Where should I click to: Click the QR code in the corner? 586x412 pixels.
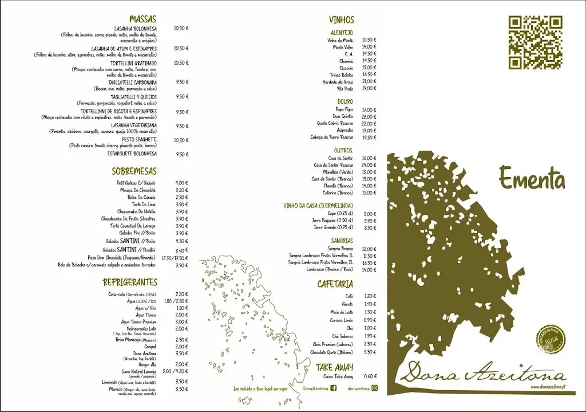(x=536, y=42)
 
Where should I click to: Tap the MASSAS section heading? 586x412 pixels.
(x=142, y=19)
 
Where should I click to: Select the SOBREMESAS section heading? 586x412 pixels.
(x=134, y=171)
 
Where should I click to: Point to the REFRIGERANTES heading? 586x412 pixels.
(x=130, y=282)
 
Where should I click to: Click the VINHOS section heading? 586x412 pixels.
(x=342, y=19)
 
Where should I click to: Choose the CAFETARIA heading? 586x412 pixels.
(x=335, y=284)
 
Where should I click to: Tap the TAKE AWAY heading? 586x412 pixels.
(x=335, y=367)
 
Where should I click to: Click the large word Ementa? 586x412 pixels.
(x=532, y=178)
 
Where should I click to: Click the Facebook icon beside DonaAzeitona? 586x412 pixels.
(x=334, y=388)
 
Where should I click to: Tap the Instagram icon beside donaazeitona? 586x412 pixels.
(x=375, y=388)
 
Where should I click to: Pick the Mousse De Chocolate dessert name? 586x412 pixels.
(x=138, y=190)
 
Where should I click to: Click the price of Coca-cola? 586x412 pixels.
(x=181, y=294)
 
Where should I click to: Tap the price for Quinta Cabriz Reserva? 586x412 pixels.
(x=369, y=123)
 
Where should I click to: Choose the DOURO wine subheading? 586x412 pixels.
(x=345, y=101)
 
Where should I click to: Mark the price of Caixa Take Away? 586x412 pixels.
(x=370, y=376)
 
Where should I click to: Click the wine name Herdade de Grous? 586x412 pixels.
(x=338, y=81)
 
